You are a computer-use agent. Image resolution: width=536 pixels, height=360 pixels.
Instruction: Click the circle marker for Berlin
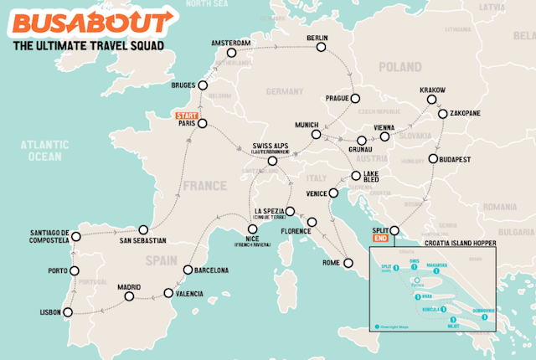click(319, 49)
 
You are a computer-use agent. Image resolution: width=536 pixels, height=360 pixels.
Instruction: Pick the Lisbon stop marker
click(69, 312)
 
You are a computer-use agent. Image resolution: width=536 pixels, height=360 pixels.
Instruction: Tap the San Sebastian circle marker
click(143, 229)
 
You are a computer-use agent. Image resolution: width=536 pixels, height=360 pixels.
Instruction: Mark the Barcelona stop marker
click(188, 270)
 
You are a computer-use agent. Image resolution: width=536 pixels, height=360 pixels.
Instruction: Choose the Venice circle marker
click(333, 194)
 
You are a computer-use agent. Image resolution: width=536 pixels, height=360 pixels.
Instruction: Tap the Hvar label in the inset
click(427, 295)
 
